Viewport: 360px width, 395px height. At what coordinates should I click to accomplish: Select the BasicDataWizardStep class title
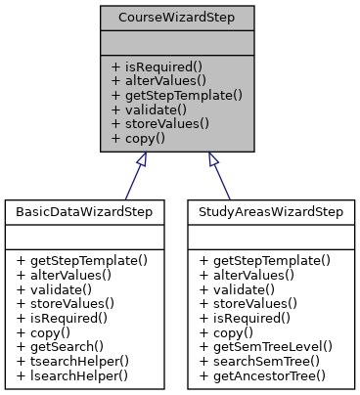[87, 211]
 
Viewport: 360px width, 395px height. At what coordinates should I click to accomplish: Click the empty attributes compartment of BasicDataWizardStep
[87, 237]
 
